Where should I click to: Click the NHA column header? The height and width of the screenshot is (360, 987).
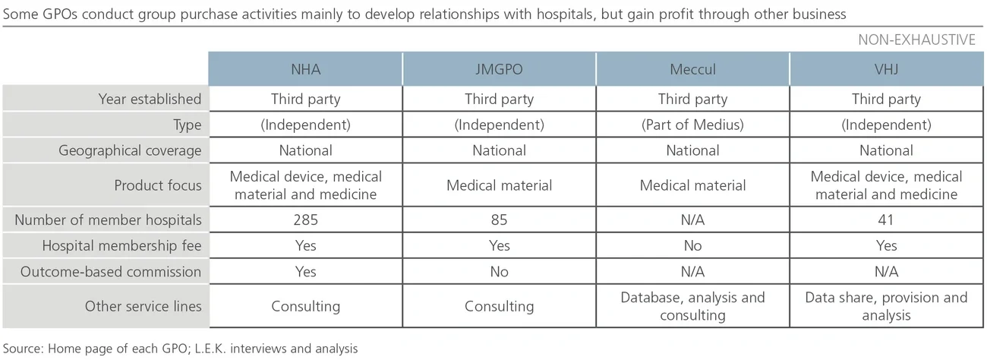click(x=305, y=69)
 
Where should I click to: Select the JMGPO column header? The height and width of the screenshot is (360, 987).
click(x=499, y=69)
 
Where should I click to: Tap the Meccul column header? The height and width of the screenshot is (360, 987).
click(x=692, y=69)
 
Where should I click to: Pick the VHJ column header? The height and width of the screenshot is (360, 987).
click(x=886, y=69)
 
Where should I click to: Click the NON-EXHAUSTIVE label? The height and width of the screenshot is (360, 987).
click(x=916, y=40)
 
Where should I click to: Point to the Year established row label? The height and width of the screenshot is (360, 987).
click(x=150, y=99)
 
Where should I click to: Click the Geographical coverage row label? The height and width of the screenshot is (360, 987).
click(x=130, y=150)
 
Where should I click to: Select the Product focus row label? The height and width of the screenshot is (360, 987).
click(x=158, y=185)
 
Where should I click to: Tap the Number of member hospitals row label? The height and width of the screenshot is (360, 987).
click(x=109, y=220)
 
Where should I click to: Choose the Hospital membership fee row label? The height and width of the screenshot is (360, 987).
click(x=121, y=246)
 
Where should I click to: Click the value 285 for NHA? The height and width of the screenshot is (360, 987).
click(x=305, y=220)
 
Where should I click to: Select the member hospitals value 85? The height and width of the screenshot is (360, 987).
click(x=499, y=220)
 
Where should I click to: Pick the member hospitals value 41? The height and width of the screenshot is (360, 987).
click(x=886, y=220)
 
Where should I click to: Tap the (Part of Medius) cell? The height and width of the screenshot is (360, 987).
click(x=692, y=125)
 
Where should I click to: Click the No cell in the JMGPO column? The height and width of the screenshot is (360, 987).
click(x=499, y=271)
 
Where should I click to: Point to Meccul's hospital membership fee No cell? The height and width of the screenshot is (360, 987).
click(x=692, y=246)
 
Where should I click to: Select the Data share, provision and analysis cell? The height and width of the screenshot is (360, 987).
click(x=886, y=306)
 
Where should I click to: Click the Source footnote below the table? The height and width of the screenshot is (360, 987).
click(x=180, y=349)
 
